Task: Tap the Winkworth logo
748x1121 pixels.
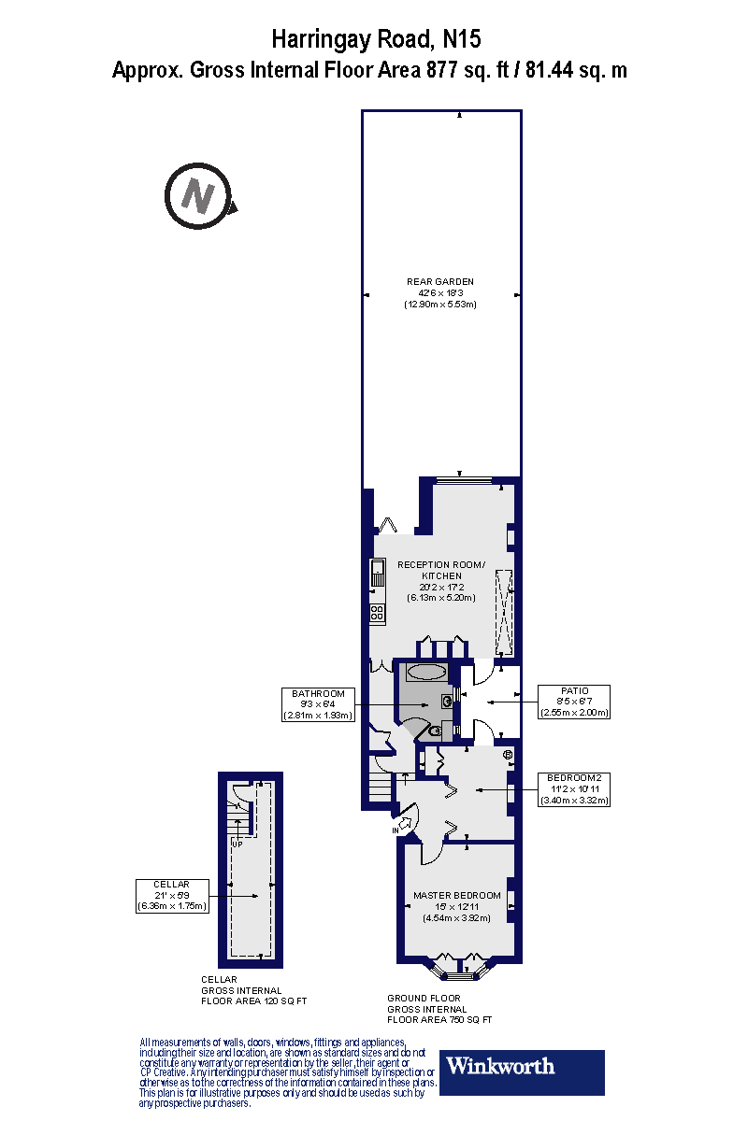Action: coord(521,1071)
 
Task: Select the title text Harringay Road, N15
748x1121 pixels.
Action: coord(377,39)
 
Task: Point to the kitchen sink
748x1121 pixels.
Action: coord(378,573)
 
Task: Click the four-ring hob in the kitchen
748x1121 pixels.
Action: coord(378,613)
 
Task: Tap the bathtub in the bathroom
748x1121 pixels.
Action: coord(427,671)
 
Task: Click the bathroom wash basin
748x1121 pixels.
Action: coord(449,700)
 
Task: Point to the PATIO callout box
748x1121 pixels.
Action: coord(574,702)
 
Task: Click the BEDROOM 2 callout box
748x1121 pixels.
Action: coord(579,788)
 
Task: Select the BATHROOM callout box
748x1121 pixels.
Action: coord(318,704)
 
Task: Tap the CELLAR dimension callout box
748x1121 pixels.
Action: coord(173,895)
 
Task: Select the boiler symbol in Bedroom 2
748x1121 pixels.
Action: coord(508,754)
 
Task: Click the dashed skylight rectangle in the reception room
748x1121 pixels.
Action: coord(504,612)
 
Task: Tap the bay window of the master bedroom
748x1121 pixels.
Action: coord(457,968)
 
